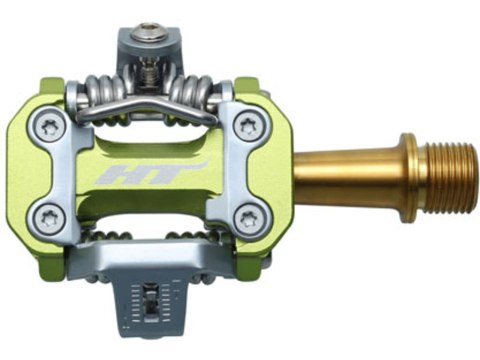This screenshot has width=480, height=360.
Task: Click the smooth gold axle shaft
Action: point(340,172)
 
